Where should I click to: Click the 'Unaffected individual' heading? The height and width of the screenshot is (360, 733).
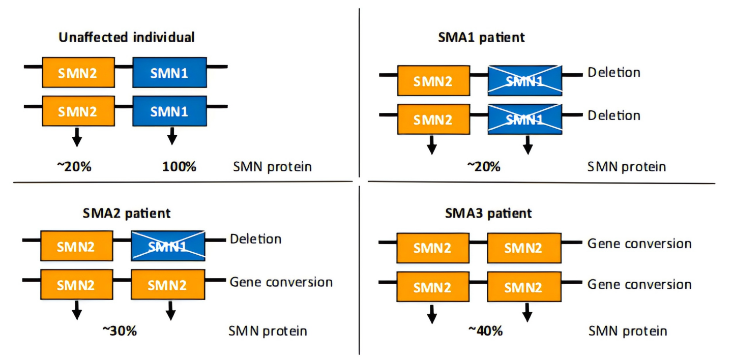[x=127, y=37]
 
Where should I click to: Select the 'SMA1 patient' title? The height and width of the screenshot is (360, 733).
[x=481, y=37]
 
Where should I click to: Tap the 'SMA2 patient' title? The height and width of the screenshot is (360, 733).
[x=127, y=213]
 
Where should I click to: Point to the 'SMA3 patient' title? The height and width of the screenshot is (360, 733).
[x=488, y=213]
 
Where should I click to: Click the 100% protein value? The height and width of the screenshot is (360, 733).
[x=180, y=167]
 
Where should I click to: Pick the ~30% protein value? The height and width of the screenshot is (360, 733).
[x=120, y=331]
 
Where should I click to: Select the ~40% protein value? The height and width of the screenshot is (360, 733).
[x=485, y=331]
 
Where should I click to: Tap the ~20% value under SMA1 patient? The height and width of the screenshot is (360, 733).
[x=484, y=167]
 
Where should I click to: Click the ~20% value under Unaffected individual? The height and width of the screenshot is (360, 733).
[x=74, y=167]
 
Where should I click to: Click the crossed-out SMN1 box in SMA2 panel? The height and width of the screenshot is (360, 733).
[x=168, y=246]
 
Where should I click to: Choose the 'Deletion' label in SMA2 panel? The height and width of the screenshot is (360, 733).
[x=255, y=239]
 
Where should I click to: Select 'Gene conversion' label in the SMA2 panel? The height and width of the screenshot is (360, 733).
[x=281, y=282]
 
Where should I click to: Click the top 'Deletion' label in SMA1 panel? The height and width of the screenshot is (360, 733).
[x=614, y=73]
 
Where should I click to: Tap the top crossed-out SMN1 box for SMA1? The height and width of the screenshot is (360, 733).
[x=525, y=81]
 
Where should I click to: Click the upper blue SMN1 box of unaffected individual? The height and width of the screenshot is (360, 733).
[x=169, y=73]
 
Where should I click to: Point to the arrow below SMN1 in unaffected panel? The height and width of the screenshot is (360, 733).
[x=172, y=136]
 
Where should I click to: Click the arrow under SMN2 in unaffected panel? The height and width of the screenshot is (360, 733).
[x=77, y=137]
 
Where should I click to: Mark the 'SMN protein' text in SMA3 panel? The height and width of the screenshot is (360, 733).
[x=628, y=331]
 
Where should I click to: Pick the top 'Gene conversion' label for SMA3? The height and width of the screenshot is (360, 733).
[x=639, y=244]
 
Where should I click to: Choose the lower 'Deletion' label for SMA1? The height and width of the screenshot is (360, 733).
[x=614, y=116]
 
